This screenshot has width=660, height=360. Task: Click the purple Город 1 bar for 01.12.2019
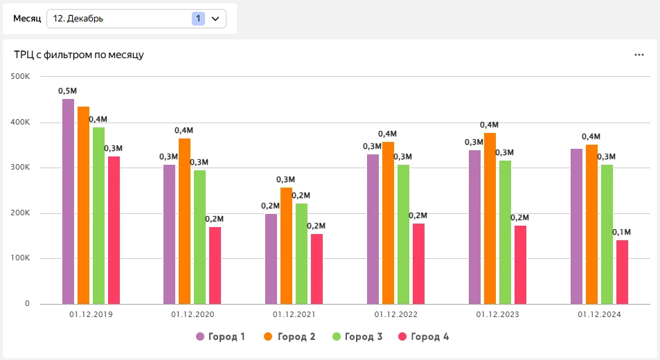point(68,201)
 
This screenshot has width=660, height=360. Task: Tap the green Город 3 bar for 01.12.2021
point(301,253)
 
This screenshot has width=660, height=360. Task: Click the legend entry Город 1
point(220,337)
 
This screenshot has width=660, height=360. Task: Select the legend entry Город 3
point(357,337)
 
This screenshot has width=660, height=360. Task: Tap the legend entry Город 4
point(423,337)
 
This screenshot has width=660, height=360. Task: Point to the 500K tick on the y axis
point(19,76)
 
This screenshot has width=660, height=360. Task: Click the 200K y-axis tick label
point(19,213)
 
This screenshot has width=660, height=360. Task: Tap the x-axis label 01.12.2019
point(91,314)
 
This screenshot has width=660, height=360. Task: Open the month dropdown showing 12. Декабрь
point(136,19)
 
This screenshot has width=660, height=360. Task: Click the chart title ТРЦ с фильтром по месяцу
point(79,55)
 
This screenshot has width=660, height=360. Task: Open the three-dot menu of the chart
point(639,55)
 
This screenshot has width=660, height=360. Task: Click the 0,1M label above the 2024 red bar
point(621,232)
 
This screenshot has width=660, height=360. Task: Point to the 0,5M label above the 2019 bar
point(68,91)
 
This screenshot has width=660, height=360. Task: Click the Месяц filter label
point(27,19)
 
